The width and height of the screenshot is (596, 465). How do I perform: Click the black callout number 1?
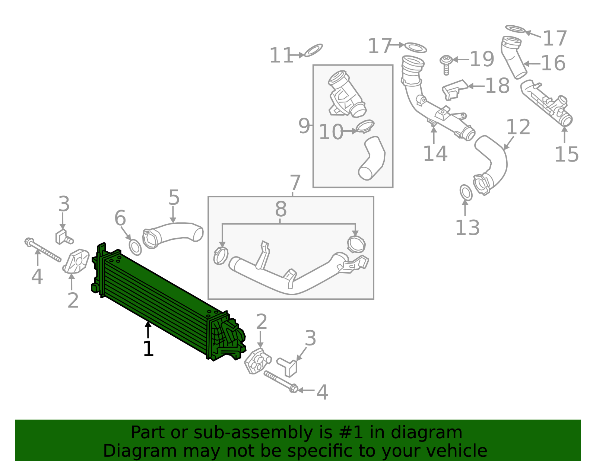(x=148, y=349)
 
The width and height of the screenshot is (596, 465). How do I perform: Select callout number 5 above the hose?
(x=174, y=198)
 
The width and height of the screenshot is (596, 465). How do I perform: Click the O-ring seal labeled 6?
(x=135, y=248)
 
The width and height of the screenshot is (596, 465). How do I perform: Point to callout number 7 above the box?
(x=295, y=183)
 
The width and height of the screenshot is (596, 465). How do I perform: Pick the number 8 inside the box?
(x=281, y=209)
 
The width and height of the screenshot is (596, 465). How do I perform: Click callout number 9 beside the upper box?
(x=304, y=126)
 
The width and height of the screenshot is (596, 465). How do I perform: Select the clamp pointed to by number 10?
(x=365, y=126)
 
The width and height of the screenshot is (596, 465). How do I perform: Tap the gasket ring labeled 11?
(x=313, y=50)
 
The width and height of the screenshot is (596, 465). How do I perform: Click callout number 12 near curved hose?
(x=518, y=127)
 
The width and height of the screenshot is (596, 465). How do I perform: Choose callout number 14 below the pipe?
(x=435, y=153)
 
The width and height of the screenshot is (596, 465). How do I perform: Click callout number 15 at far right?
(x=566, y=155)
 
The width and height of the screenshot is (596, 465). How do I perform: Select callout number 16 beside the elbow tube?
(x=553, y=63)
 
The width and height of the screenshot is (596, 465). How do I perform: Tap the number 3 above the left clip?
(x=64, y=204)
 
